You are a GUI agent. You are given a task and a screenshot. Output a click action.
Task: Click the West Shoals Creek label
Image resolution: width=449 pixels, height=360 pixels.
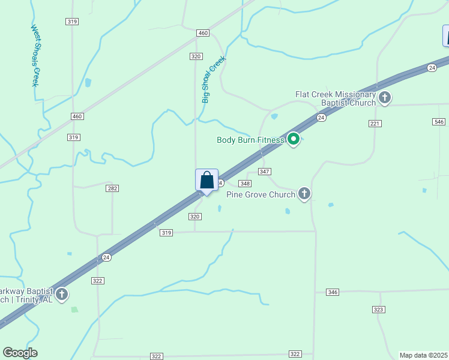pos(35,56)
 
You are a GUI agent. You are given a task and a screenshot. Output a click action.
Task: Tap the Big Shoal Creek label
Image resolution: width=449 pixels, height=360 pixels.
pos(213,80)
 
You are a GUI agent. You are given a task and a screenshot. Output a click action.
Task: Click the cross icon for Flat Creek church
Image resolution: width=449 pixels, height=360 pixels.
pos(385,98)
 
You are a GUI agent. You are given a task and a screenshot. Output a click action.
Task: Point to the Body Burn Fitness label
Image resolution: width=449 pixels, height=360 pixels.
pos(250,140)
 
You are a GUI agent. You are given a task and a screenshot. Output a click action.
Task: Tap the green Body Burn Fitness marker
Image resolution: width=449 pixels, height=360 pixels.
pos(294,139)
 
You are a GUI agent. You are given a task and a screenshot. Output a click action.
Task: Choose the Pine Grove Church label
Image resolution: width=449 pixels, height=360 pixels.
pos(261,194)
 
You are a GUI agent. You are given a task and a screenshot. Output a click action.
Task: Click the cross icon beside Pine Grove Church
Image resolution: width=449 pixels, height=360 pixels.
pos(304,193)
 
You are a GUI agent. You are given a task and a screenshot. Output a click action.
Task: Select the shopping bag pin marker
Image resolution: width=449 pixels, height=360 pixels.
pos(206,181)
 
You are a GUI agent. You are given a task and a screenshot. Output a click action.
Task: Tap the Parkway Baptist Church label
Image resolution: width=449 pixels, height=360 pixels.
pos(27,295)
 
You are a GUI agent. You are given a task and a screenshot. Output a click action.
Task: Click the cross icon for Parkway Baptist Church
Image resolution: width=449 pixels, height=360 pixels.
pos(62,295)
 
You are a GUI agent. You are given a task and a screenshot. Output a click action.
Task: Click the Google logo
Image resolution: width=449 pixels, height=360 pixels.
pos(20,353)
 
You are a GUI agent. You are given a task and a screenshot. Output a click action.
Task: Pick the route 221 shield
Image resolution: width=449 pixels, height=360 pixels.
pos(375,123)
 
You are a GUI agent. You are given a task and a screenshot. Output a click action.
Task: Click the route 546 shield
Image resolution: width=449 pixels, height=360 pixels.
pos(439,122)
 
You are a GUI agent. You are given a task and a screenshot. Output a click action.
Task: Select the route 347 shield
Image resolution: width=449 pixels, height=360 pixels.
pos(265,172)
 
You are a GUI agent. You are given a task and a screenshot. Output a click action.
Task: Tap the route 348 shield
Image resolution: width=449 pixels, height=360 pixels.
pos(245,184)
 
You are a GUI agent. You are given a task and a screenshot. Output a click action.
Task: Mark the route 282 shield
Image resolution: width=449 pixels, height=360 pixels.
pos(112,188)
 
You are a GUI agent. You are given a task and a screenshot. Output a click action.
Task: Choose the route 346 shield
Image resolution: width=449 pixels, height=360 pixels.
pos(333,292)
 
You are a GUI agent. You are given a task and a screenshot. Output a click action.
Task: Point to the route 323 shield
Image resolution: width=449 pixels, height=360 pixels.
pos(378,310)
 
